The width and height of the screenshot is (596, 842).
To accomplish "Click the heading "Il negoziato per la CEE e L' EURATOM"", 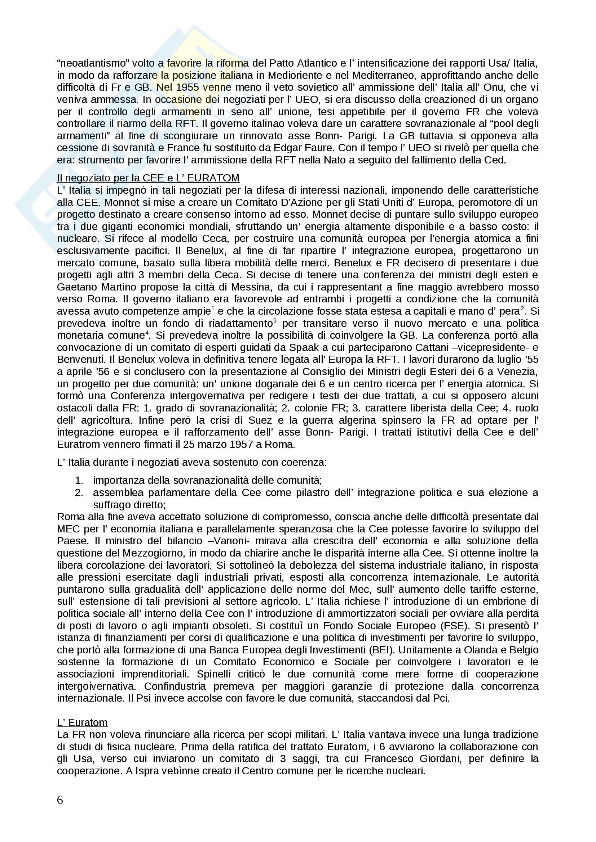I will click(148, 178).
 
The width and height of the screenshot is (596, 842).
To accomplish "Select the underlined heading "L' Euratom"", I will click(82, 722).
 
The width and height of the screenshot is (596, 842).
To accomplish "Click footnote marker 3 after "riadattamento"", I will click(275, 320).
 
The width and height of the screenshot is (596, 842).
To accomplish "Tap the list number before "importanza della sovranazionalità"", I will click(79, 481).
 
